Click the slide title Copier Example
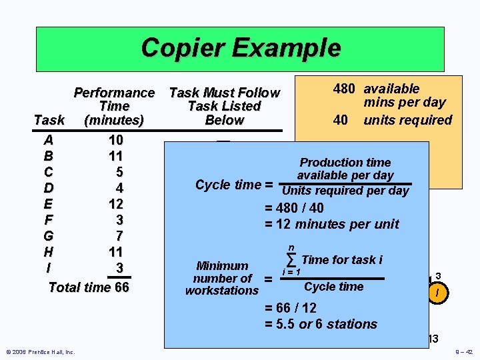tap(241, 48)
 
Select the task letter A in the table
tap(48, 141)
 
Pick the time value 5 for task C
tap(120, 172)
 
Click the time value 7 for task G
tap(120, 236)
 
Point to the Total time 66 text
tap(89, 287)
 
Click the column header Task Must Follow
tap(225, 93)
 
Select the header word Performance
tap(114, 93)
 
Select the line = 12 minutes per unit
tap(332, 224)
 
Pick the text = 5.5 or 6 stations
tap(321, 325)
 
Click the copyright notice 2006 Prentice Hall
tap(41, 352)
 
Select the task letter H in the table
tap(48, 252)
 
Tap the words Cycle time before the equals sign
tap(227, 185)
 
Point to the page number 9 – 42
tap(464, 352)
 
